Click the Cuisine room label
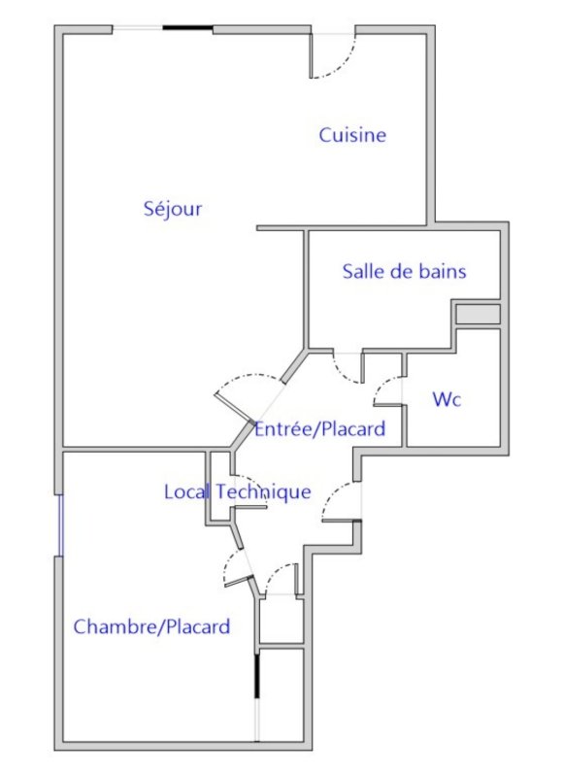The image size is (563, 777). pos(352,135)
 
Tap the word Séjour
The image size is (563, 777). pos(173,209)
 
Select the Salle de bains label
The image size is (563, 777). pos(404,272)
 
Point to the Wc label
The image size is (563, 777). pos(447,399)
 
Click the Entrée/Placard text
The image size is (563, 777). pos(320,428)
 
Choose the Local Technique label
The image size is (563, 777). pos(238,492)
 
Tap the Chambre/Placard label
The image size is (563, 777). pos(151,626)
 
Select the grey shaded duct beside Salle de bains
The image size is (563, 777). pos(478,315)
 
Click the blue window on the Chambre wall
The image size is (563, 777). pos(61,525)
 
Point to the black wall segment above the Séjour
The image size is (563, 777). pos(187,28)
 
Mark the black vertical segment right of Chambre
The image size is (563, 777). pos(257,676)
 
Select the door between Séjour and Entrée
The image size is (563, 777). pos(234,408)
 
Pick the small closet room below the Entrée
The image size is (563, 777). pos(281,620)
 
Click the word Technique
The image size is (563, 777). pos(264,492)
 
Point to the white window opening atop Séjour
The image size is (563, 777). pos(138,28)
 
